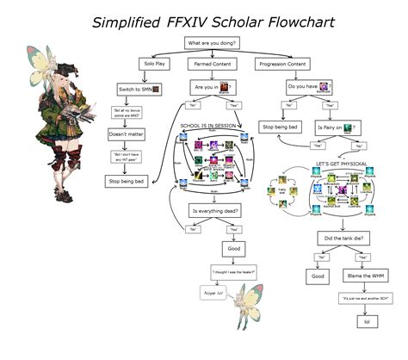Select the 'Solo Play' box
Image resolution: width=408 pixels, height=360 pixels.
coord(157,65)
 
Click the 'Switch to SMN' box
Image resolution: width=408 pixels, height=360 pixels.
coord(139,90)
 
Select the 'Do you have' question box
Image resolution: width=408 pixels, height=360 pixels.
coord(306,87)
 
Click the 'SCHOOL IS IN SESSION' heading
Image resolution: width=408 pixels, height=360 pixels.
coord(208,126)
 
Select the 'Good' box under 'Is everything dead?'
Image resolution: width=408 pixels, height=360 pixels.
coord(233,247)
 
